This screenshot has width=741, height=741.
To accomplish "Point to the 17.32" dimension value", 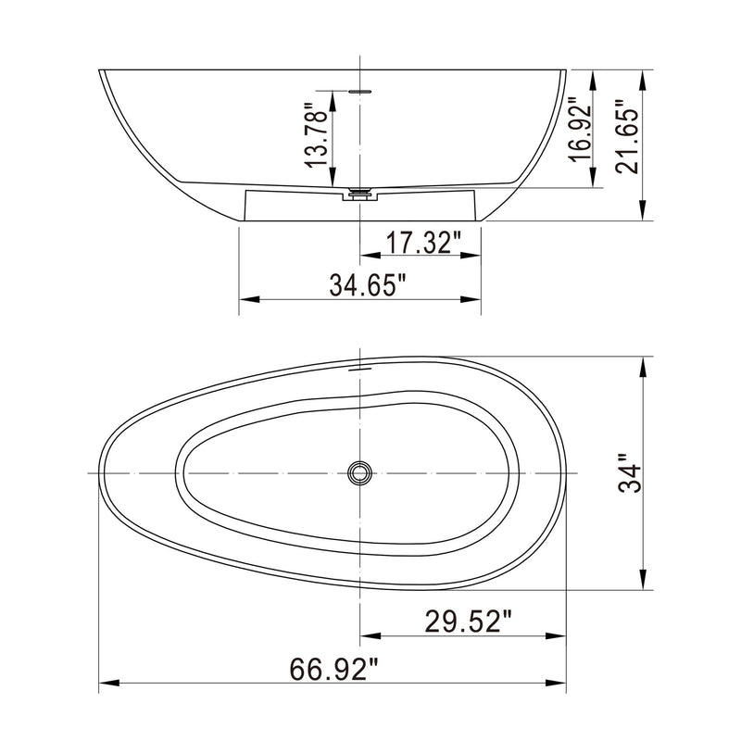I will (x=422, y=244).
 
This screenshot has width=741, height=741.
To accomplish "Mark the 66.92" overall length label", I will (x=334, y=668).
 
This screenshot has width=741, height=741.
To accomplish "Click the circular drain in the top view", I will (x=359, y=473).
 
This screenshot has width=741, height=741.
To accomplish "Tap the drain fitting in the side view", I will (x=359, y=194).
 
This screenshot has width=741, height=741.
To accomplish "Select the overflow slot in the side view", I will (x=359, y=92).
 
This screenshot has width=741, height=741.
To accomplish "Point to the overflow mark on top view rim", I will (x=359, y=368).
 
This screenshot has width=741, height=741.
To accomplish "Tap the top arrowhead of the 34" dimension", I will (x=642, y=365).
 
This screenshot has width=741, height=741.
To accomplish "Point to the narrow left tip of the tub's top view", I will (x=100, y=473).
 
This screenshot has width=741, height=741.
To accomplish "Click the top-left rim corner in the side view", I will (x=100, y=71).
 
